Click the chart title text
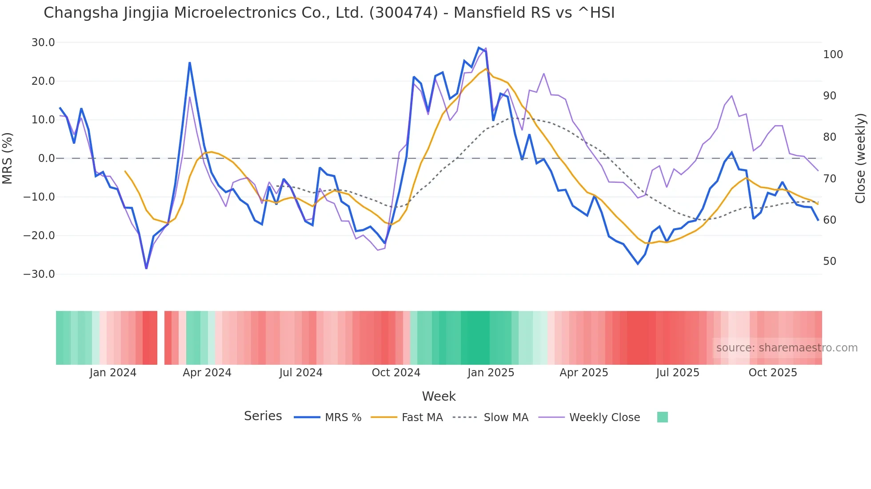(329, 13)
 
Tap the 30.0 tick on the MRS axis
(43, 43)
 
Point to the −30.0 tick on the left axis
(40, 274)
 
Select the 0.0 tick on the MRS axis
(46, 158)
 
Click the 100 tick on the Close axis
(833, 55)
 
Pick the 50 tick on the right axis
(830, 261)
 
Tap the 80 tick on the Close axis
(830, 137)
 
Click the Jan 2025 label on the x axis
(491, 373)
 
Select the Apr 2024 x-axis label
(207, 373)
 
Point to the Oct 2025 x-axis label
(773, 373)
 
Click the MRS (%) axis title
(8, 158)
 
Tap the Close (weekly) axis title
(861, 158)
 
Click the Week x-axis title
(439, 396)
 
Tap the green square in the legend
(662, 417)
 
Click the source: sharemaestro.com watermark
(787, 348)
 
